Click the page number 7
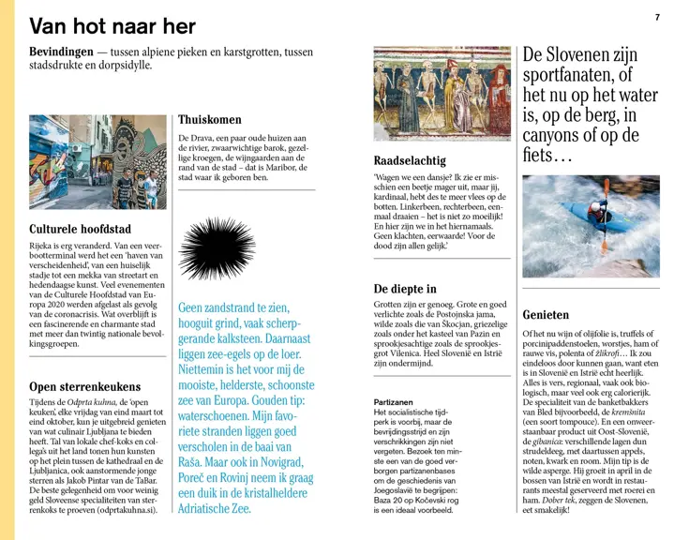coord(657,17)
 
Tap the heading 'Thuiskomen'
coord(209,119)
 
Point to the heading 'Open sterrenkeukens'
coord(84,386)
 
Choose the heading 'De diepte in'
coord(404,289)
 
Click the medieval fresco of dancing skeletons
coord(442,94)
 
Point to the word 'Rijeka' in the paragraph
coord(47,247)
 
